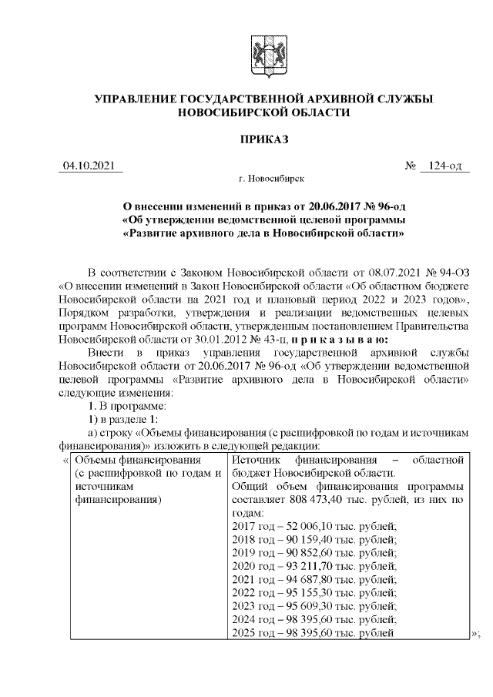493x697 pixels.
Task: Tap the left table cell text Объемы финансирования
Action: click(x=132, y=460)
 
